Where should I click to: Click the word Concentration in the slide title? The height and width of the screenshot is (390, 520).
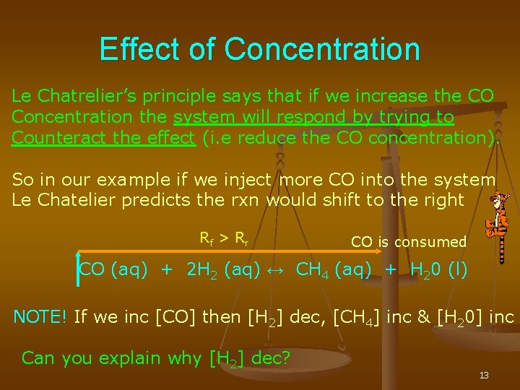pyautogui.click(x=322, y=50)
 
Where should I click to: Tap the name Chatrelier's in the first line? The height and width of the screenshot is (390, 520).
pyautogui.click(x=90, y=96)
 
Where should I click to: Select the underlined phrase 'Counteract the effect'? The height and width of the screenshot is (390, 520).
pyautogui.click(x=103, y=138)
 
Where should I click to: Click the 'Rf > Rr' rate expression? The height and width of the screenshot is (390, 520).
pyautogui.click(x=224, y=236)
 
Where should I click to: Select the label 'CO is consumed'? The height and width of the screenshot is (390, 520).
pyautogui.click(x=409, y=242)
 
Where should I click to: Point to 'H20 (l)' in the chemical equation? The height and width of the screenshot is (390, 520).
pyautogui.click(x=438, y=271)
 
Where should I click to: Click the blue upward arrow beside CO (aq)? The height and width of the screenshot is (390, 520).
pyautogui.click(x=78, y=267)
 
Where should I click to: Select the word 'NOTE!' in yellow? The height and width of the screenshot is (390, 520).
pyautogui.click(x=40, y=316)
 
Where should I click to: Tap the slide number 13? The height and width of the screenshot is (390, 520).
pyautogui.click(x=483, y=376)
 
